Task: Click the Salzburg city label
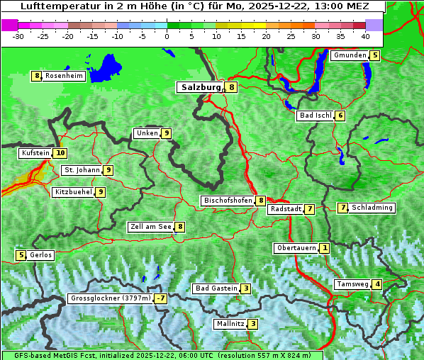click(201, 87)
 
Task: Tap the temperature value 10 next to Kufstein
click(60, 152)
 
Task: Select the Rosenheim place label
click(64, 76)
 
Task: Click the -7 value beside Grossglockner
click(162, 298)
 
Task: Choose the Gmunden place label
click(350, 55)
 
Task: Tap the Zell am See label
click(150, 227)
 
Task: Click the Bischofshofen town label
click(228, 201)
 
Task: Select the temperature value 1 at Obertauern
click(324, 248)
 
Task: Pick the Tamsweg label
click(352, 284)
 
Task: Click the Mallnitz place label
click(230, 324)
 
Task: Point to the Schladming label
click(372, 208)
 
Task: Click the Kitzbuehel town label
click(73, 191)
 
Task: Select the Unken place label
click(147, 133)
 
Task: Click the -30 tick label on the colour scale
click(19, 36)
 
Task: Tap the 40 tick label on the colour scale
click(365, 36)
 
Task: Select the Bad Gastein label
click(216, 288)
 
